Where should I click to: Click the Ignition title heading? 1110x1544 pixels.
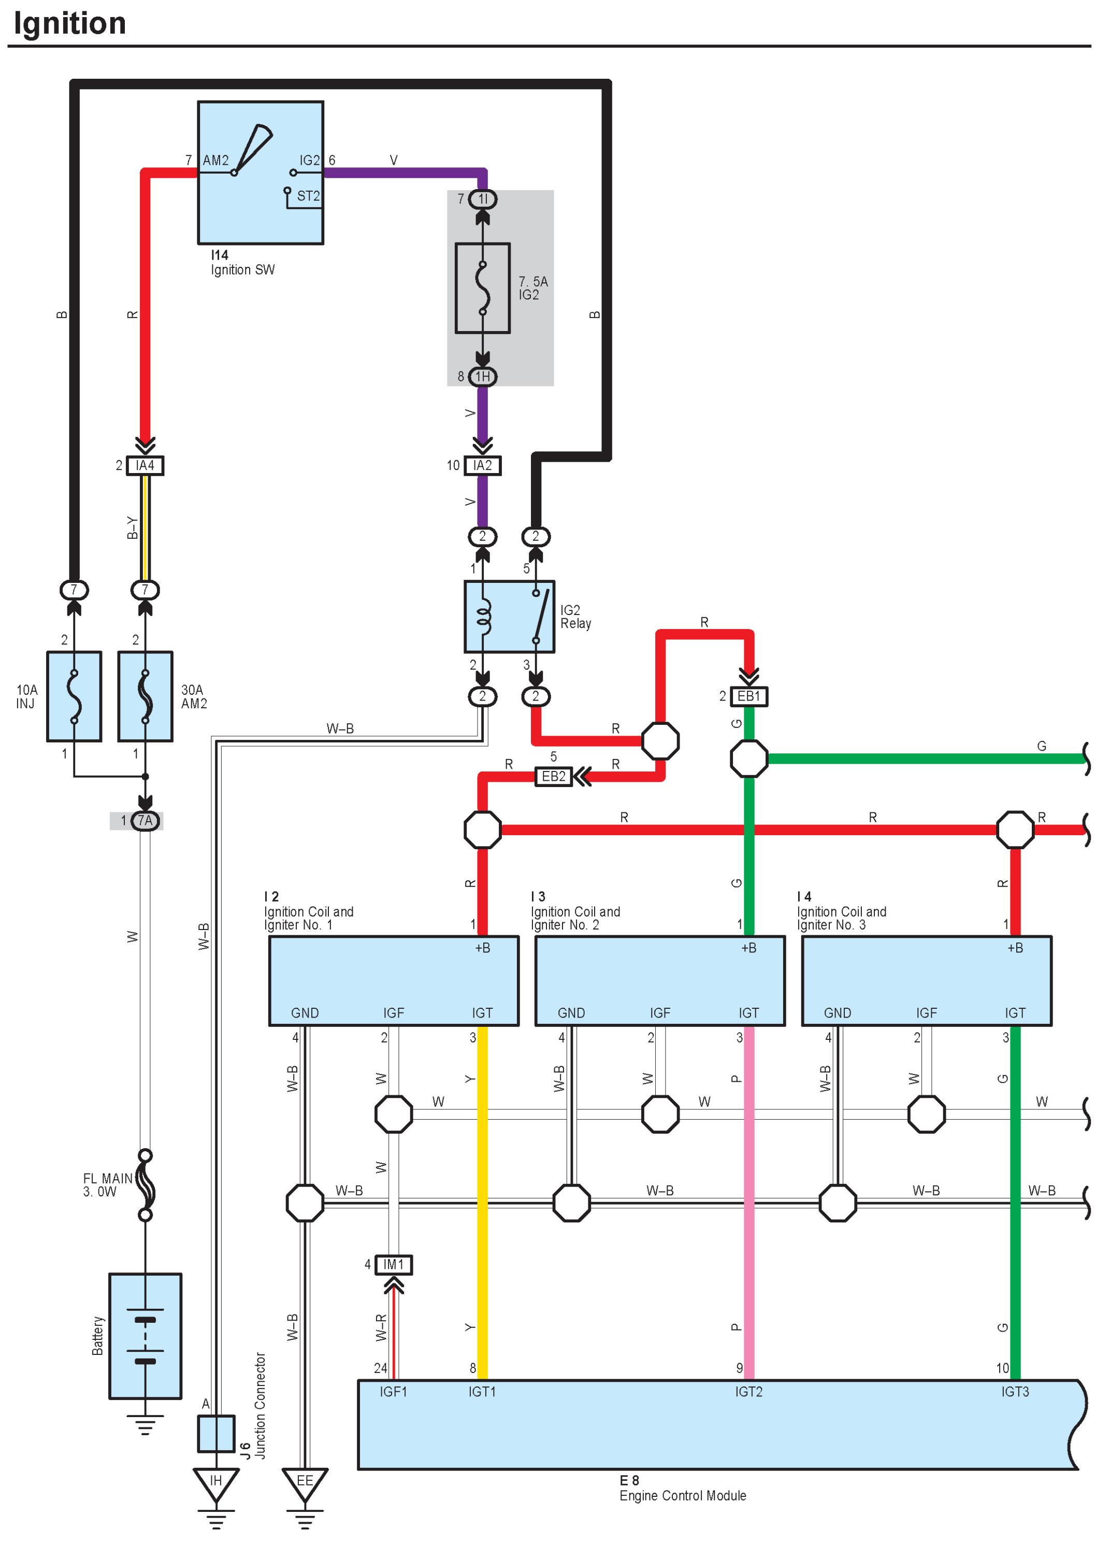pyautogui.click(x=70, y=24)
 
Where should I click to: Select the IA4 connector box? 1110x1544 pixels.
pyautogui.click(x=145, y=466)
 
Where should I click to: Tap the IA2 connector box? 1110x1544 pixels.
pyautogui.click(x=483, y=466)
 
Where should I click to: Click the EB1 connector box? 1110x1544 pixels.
pyautogui.click(x=748, y=696)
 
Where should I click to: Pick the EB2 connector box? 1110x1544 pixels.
pyautogui.click(x=553, y=776)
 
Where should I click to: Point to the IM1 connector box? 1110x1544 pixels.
pyautogui.click(x=393, y=1265)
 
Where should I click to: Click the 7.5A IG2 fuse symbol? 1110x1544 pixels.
pyautogui.click(x=483, y=288)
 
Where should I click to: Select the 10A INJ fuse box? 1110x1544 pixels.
pyautogui.click(x=74, y=696)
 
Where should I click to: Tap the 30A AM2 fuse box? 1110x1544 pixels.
pyautogui.click(x=145, y=696)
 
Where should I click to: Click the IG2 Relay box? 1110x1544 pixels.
pyautogui.click(x=509, y=617)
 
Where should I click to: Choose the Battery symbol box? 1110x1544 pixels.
pyautogui.click(x=145, y=1336)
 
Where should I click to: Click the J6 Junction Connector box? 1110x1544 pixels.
pyautogui.click(x=216, y=1433)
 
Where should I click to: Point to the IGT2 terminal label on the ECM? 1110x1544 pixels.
pyautogui.click(x=748, y=1392)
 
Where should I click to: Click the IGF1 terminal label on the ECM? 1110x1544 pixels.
pyautogui.click(x=393, y=1392)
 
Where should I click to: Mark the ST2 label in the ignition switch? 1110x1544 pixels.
pyautogui.click(x=308, y=196)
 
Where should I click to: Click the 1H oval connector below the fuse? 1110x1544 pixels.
pyautogui.click(x=483, y=377)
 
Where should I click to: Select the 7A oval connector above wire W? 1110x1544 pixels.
pyautogui.click(x=145, y=821)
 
